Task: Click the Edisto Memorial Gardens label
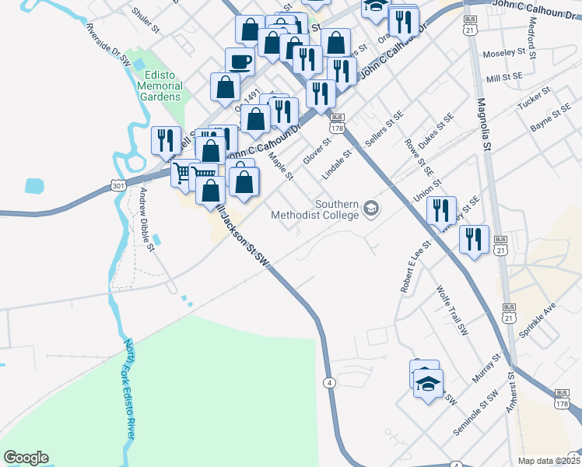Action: [x=159, y=86]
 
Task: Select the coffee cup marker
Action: [x=240, y=61]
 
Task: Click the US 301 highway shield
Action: [x=117, y=186]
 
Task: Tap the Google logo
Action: [x=26, y=458]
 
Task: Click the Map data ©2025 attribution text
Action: [x=549, y=461]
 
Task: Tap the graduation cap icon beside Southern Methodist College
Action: [x=371, y=209]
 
